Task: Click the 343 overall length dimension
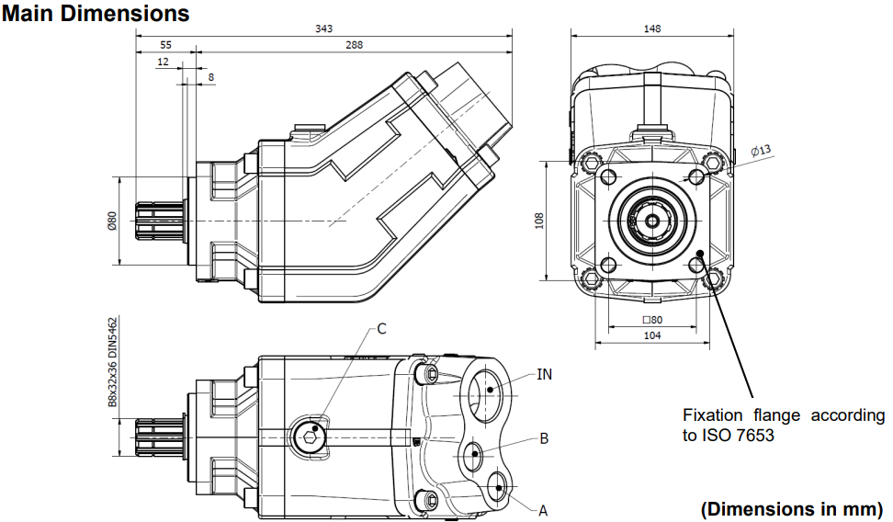coord(323,28)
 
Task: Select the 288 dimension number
coord(354,45)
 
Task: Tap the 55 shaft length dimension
coord(165,45)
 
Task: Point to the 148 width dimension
coord(652,28)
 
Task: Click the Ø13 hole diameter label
coord(761,151)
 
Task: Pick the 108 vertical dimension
coord(539,221)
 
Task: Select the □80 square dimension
coord(652,320)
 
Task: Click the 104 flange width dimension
coord(652,335)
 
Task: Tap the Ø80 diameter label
coord(112,221)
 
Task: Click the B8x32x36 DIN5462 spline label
coord(112,362)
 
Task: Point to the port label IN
coord(545,374)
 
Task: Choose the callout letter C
coord(381,329)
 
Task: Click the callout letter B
coord(544,438)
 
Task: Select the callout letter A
coord(543,511)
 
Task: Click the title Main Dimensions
coord(96,13)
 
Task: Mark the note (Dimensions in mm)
coord(792,508)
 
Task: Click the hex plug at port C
coord(310,437)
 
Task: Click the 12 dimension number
coord(163,62)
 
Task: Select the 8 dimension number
coord(211,77)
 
